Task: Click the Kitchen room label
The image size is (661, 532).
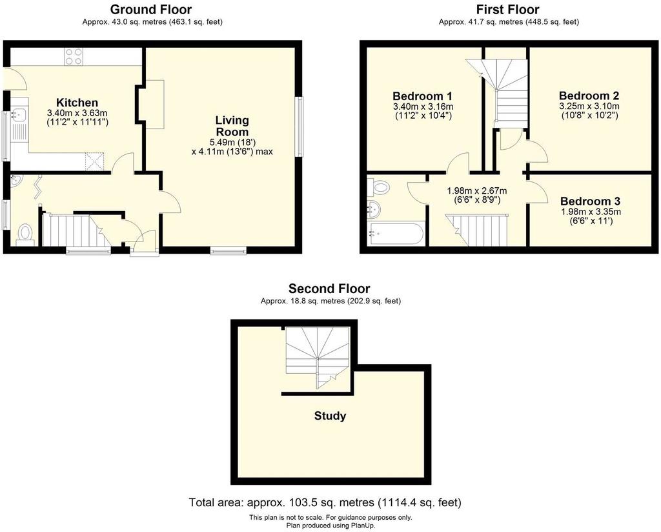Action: pos(77,103)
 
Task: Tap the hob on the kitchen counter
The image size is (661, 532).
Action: pos(74,56)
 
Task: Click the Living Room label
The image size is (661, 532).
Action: pos(232,126)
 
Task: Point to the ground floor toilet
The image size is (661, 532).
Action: pos(25,234)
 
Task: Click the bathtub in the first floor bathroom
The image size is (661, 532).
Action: pos(396,234)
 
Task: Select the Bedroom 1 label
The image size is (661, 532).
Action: pos(422,96)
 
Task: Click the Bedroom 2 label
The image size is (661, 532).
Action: pos(589,96)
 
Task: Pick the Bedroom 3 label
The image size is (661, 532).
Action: pos(590,201)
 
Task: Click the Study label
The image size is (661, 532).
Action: pos(330,416)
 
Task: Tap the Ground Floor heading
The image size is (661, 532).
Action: pos(151,9)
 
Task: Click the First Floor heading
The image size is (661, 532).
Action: pos(508,9)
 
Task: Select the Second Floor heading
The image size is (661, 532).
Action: pos(329,289)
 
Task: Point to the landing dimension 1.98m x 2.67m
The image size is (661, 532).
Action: pos(477,191)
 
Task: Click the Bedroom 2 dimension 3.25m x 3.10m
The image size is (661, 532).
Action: pos(589,107)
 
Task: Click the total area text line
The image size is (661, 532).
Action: pos(325,502)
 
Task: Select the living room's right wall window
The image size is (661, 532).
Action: pos(300,127)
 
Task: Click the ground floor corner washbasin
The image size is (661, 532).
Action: pos(15,180)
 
